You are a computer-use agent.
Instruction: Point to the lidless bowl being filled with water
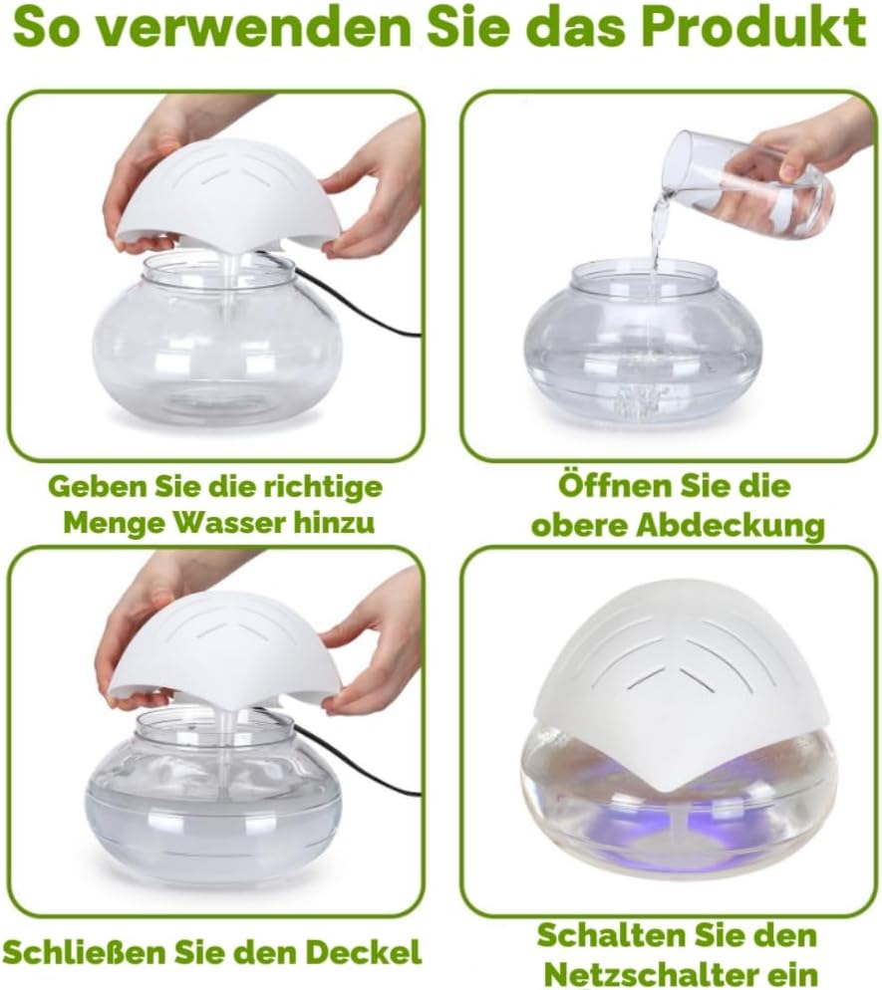643,339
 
